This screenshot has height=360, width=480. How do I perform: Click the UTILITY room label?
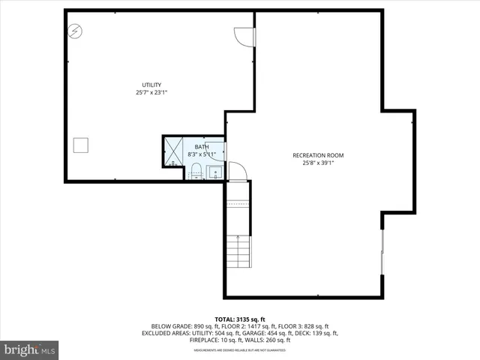pyautogui.click(x=152, y=85)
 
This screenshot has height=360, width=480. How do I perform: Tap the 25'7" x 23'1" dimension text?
pyautogui.click(x=151, y=93)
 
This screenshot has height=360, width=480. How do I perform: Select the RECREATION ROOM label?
pyautogui.click(x=318, y=155)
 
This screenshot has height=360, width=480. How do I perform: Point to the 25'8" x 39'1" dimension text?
pyautogui.click(x=318, y=163)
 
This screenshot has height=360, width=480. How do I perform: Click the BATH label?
pyautogui.click(x=202, y=147)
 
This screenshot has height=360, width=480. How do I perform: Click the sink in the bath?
pyautogui.click(x=214, y=174)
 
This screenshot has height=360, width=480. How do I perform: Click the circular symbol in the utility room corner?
pyautogui.click(x=76, y=31)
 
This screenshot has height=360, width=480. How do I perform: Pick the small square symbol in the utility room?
pyautogui.click(x=80, y=145)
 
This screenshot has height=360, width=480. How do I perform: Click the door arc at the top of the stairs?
pyautogui.click(x=237, y=172)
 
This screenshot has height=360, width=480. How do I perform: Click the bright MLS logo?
pyautogui.click(x=30, y=349)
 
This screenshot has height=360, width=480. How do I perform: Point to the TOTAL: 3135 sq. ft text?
pyautogui.click(x=240, y=319)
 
